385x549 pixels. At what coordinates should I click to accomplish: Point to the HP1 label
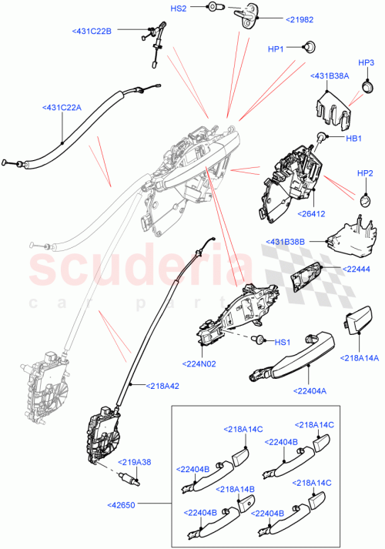[x=275, y=49]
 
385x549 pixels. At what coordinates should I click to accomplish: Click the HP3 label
[x=366, y=62]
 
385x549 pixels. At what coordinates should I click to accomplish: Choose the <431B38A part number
[x=330, y=76]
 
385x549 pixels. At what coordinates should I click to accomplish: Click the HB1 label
[x=353, y=138]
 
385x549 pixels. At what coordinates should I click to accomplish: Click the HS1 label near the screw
[x=283, y=342]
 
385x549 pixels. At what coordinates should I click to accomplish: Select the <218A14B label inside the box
[x=237, y=489]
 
